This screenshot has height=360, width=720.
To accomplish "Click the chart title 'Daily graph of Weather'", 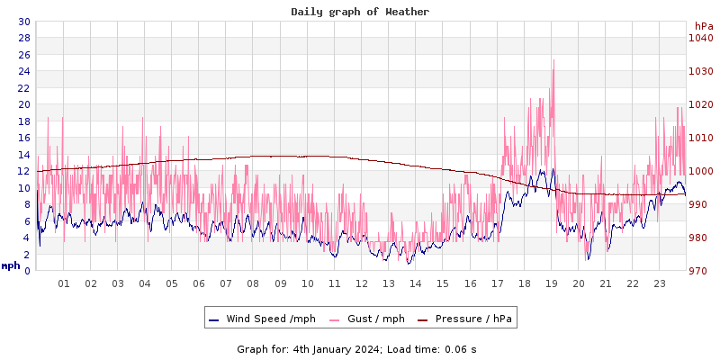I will pyautogui.click(x=360, y=12).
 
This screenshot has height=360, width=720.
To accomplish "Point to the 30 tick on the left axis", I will pyautogui.click(x=24, y=22).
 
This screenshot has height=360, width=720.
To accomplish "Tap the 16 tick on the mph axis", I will pyautogui.click(x=24, y=138).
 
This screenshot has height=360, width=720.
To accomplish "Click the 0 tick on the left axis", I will pyautogui.click(x=27, y=271).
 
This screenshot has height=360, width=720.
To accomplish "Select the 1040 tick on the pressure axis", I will pyautogui.click(x=701, y=38).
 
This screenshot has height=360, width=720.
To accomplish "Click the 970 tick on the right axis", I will pyautogui.click(x=701, y=271).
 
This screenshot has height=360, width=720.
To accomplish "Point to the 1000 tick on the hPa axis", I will pyautogui.click(x=701, y=171).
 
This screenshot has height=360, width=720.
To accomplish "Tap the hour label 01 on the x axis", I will pyautogui.click(x=64, y=283).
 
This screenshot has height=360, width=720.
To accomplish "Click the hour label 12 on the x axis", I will pyautogui.click(x=362, y=283).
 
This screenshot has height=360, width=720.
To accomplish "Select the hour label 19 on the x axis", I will pyautogui.click(x=552, y=283).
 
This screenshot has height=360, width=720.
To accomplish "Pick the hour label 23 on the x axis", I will pyautogui.click(x=660, y=283).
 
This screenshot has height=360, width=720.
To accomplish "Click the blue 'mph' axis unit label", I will pyautogui.click(x=11, y=265).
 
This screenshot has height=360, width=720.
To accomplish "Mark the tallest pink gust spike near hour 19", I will pyautogui.click(x=553, y=61).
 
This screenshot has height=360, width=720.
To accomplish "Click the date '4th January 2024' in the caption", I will pyautogui.click(x=337, y=349).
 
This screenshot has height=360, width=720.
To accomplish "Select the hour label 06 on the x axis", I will pyautogui.click(x=199, y=283).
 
